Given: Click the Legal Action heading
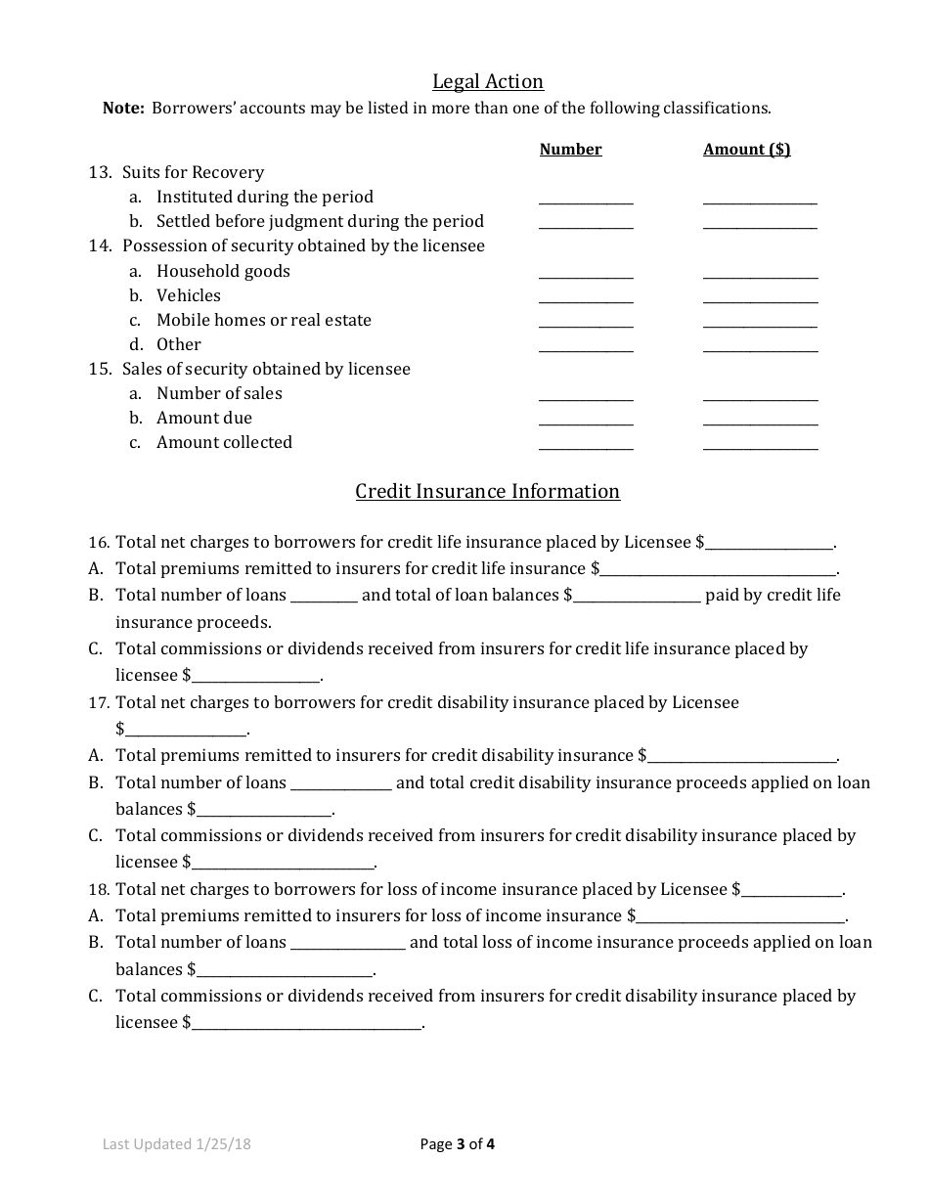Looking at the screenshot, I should click(488, 82).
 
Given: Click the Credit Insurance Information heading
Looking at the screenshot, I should click(487, 491).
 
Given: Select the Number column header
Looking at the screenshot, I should click(570, 150).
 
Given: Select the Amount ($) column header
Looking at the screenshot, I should click(746, 150).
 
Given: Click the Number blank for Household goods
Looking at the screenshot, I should click(586, 274).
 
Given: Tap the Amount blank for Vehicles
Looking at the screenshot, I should click(760, 298).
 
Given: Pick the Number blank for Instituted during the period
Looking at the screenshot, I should click(586, 200).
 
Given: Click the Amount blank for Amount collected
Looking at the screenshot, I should click(760, 445).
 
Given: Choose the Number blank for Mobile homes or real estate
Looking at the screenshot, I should click(586, 323).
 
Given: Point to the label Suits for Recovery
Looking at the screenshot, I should click(193, 172).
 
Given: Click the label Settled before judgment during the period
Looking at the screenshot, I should click(320, 221).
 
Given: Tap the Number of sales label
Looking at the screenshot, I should click(219, 393).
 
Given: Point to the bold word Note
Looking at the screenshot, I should click(123, 109).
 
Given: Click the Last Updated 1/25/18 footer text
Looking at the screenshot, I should click(177, 1143).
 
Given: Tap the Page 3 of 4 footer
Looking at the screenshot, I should click(457, 1143).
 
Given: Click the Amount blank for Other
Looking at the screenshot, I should click(760, 347).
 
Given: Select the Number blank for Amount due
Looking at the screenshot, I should click(586, 421).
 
